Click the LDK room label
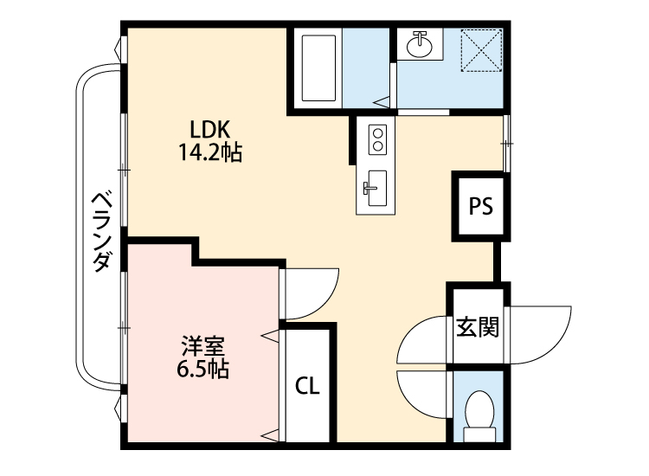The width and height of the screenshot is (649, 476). pos(209,130)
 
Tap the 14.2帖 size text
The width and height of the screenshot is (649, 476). pos(209,153)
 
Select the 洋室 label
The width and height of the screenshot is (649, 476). pos(203,347)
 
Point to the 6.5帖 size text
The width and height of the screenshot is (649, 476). pos(203,370)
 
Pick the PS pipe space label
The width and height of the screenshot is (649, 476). pos(480,206)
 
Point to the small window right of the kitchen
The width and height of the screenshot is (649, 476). pos(507,142)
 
